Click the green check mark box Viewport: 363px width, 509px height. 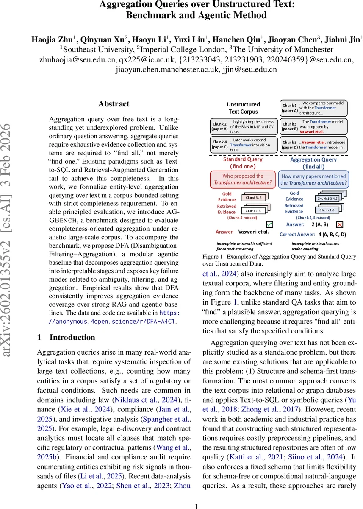[x=270, y=224]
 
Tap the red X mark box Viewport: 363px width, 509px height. [x=339, y=224]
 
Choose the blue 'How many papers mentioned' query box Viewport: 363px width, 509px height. [x=313, y=179]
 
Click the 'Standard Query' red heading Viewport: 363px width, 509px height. [x=243, y=159]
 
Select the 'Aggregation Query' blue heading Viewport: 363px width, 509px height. [x=313, y=159]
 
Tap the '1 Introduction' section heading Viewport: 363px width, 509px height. [x=66, y=337]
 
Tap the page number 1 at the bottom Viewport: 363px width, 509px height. [x=196, y=506]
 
